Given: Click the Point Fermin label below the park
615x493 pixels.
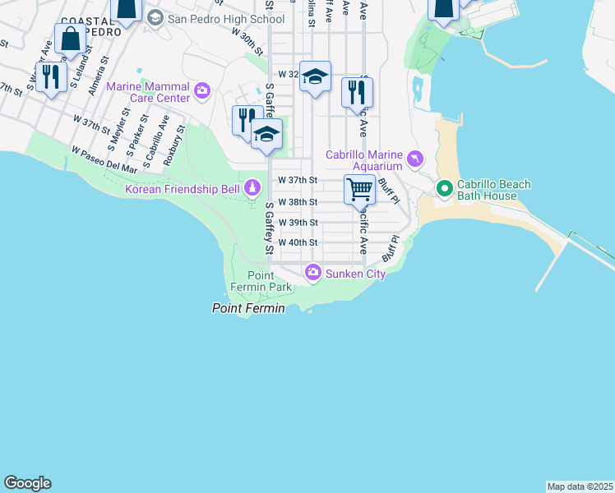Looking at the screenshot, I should (x=248, y=308).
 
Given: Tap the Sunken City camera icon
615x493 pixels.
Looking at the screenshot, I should (x=312, y=273).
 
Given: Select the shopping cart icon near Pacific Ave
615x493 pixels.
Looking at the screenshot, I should (x=360, y=189).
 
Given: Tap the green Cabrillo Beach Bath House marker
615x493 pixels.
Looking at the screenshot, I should (x=445, y=190).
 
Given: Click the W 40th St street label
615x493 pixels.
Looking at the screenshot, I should (x=297, y=242).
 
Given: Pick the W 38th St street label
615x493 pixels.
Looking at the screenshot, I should (x=297, y=201).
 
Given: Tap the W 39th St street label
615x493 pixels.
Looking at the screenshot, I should (x=297, y=222).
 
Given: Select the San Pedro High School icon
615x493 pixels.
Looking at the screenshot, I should (x=155, y=18).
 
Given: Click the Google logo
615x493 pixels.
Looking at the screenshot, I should (x=27, y=483).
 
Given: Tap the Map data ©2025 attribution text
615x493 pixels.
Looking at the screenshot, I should (x=580, y=486).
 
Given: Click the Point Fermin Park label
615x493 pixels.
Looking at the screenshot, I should (x=270, y=281).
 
